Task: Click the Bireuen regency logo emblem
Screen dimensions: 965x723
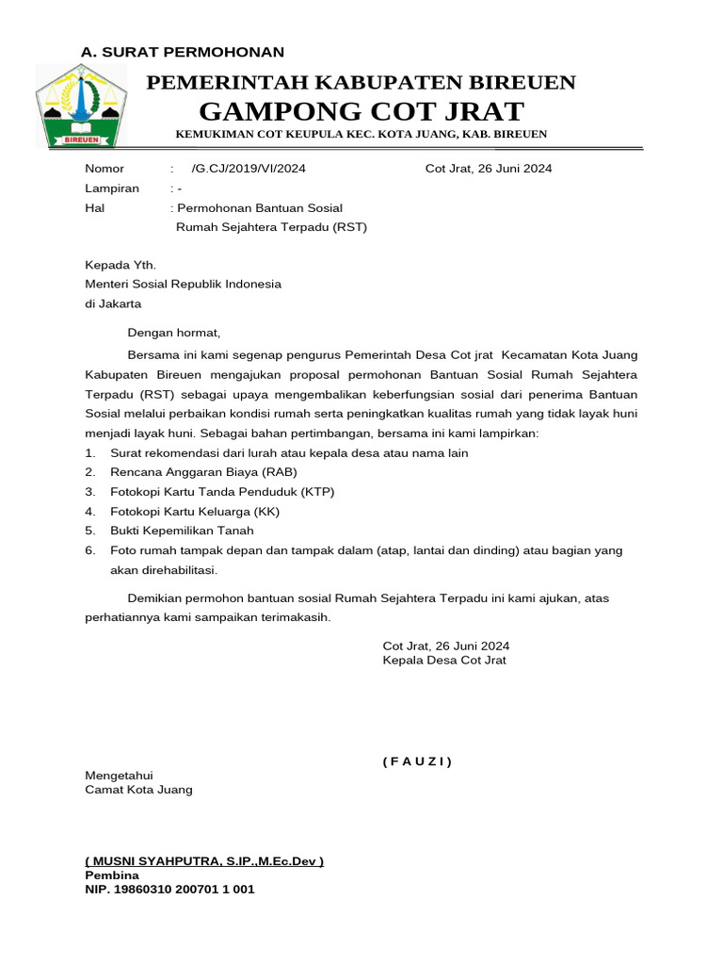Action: coord(80,106)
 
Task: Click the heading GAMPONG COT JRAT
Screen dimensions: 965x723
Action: coord(361,111)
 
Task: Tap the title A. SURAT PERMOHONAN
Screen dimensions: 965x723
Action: coord(183,52)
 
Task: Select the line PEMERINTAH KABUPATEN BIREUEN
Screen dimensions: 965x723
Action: coord(361,83)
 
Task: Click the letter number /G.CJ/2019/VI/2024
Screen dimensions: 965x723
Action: coord(248,169)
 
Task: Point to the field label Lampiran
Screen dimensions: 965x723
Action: coord(112,188)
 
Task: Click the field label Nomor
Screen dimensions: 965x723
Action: coord(104,169)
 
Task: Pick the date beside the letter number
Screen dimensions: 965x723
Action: coord(489,169)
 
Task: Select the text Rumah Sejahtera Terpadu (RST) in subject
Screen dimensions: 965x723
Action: coord(272,227)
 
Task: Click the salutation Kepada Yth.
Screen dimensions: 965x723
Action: coord(120,266)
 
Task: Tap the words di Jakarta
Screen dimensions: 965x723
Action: coord(113,304)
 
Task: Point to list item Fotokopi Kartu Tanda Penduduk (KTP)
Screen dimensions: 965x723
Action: coord(222,492)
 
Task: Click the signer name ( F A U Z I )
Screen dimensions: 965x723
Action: coord(417,761)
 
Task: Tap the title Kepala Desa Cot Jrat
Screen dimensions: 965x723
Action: coord(444,661)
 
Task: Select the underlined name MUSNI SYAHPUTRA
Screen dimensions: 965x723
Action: coord(204,861)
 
